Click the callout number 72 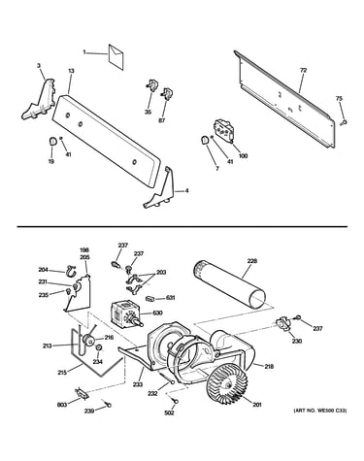click(x=303, y=70)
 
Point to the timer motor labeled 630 click(x=125, y=313)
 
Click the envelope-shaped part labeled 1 click(x=116, y=57)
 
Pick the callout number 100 click(x=243, y=156)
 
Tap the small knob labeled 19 click(x=52, y=141)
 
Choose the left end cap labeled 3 click(x=39, y=100)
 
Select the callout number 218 click(x=269, y=366)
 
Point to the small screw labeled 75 click(x=345, y=122)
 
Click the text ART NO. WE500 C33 click(x=320, y=411)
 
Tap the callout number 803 click(x=62, y=405)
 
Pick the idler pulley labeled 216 click(x=88, y=340)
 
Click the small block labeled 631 click(x=150, y=298)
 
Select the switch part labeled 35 click(x=151, y=85)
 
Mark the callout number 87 click(x=162, y=120)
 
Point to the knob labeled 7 click(x=205, y=141)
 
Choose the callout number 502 click(x=169, y=412)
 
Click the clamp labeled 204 click(x=70, y=271)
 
